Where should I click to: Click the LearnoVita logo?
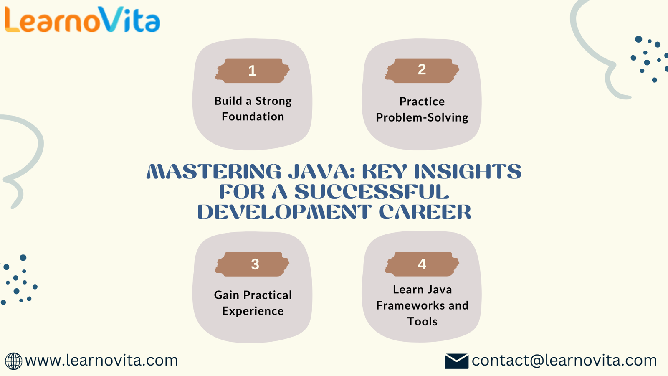[82, 20]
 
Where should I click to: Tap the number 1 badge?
[252, 71]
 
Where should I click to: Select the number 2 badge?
[422, 71]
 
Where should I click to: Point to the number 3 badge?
[252, 264]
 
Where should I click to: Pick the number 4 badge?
[422, 264]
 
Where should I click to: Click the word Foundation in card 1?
[253, 117]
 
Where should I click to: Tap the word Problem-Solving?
[422, 117]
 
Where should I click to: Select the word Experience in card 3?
[253, 311]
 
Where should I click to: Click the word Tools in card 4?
[422, 321]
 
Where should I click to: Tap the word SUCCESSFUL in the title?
[372, 192]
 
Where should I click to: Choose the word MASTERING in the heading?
[214, 172]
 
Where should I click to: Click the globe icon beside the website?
[13, 361]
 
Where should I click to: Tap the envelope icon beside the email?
[457, 361]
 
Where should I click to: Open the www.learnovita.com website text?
[101, 360]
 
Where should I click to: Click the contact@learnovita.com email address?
[564, 360]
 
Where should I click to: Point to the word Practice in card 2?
[422, 102]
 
